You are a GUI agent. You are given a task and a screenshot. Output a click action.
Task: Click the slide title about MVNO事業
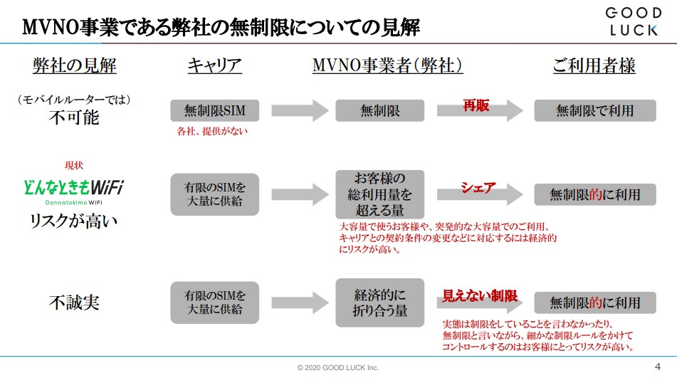coord(221,28)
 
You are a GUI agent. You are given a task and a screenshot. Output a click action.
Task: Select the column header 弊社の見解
coord(75,66)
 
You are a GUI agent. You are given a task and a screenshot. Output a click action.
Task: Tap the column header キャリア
coord(214,66)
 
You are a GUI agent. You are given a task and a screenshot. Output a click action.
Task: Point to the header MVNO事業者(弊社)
coord(388,66)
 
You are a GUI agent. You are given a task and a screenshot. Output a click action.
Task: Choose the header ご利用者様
coord(594,66)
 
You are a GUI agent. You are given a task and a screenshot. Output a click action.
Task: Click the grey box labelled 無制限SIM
coord(214,110)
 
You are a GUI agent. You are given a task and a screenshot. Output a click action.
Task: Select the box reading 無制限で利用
coord(595,110)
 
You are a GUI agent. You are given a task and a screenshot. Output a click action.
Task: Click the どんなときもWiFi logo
coord(74,189)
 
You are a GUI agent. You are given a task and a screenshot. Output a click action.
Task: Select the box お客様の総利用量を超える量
coord(380,194)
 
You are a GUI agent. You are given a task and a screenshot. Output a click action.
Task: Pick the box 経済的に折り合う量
coord(380,303)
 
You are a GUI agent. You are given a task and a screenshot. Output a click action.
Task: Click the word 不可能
coord(74,117)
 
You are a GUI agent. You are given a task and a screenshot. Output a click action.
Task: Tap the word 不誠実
coord(74,303)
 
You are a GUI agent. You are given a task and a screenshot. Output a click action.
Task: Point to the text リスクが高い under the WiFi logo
coord(74,221)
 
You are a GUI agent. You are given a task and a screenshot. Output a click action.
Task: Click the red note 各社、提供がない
coord(213,131)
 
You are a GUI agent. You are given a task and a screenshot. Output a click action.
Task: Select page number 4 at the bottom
coord(657,366)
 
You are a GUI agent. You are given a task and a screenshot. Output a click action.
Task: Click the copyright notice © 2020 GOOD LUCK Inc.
coord(338,367)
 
